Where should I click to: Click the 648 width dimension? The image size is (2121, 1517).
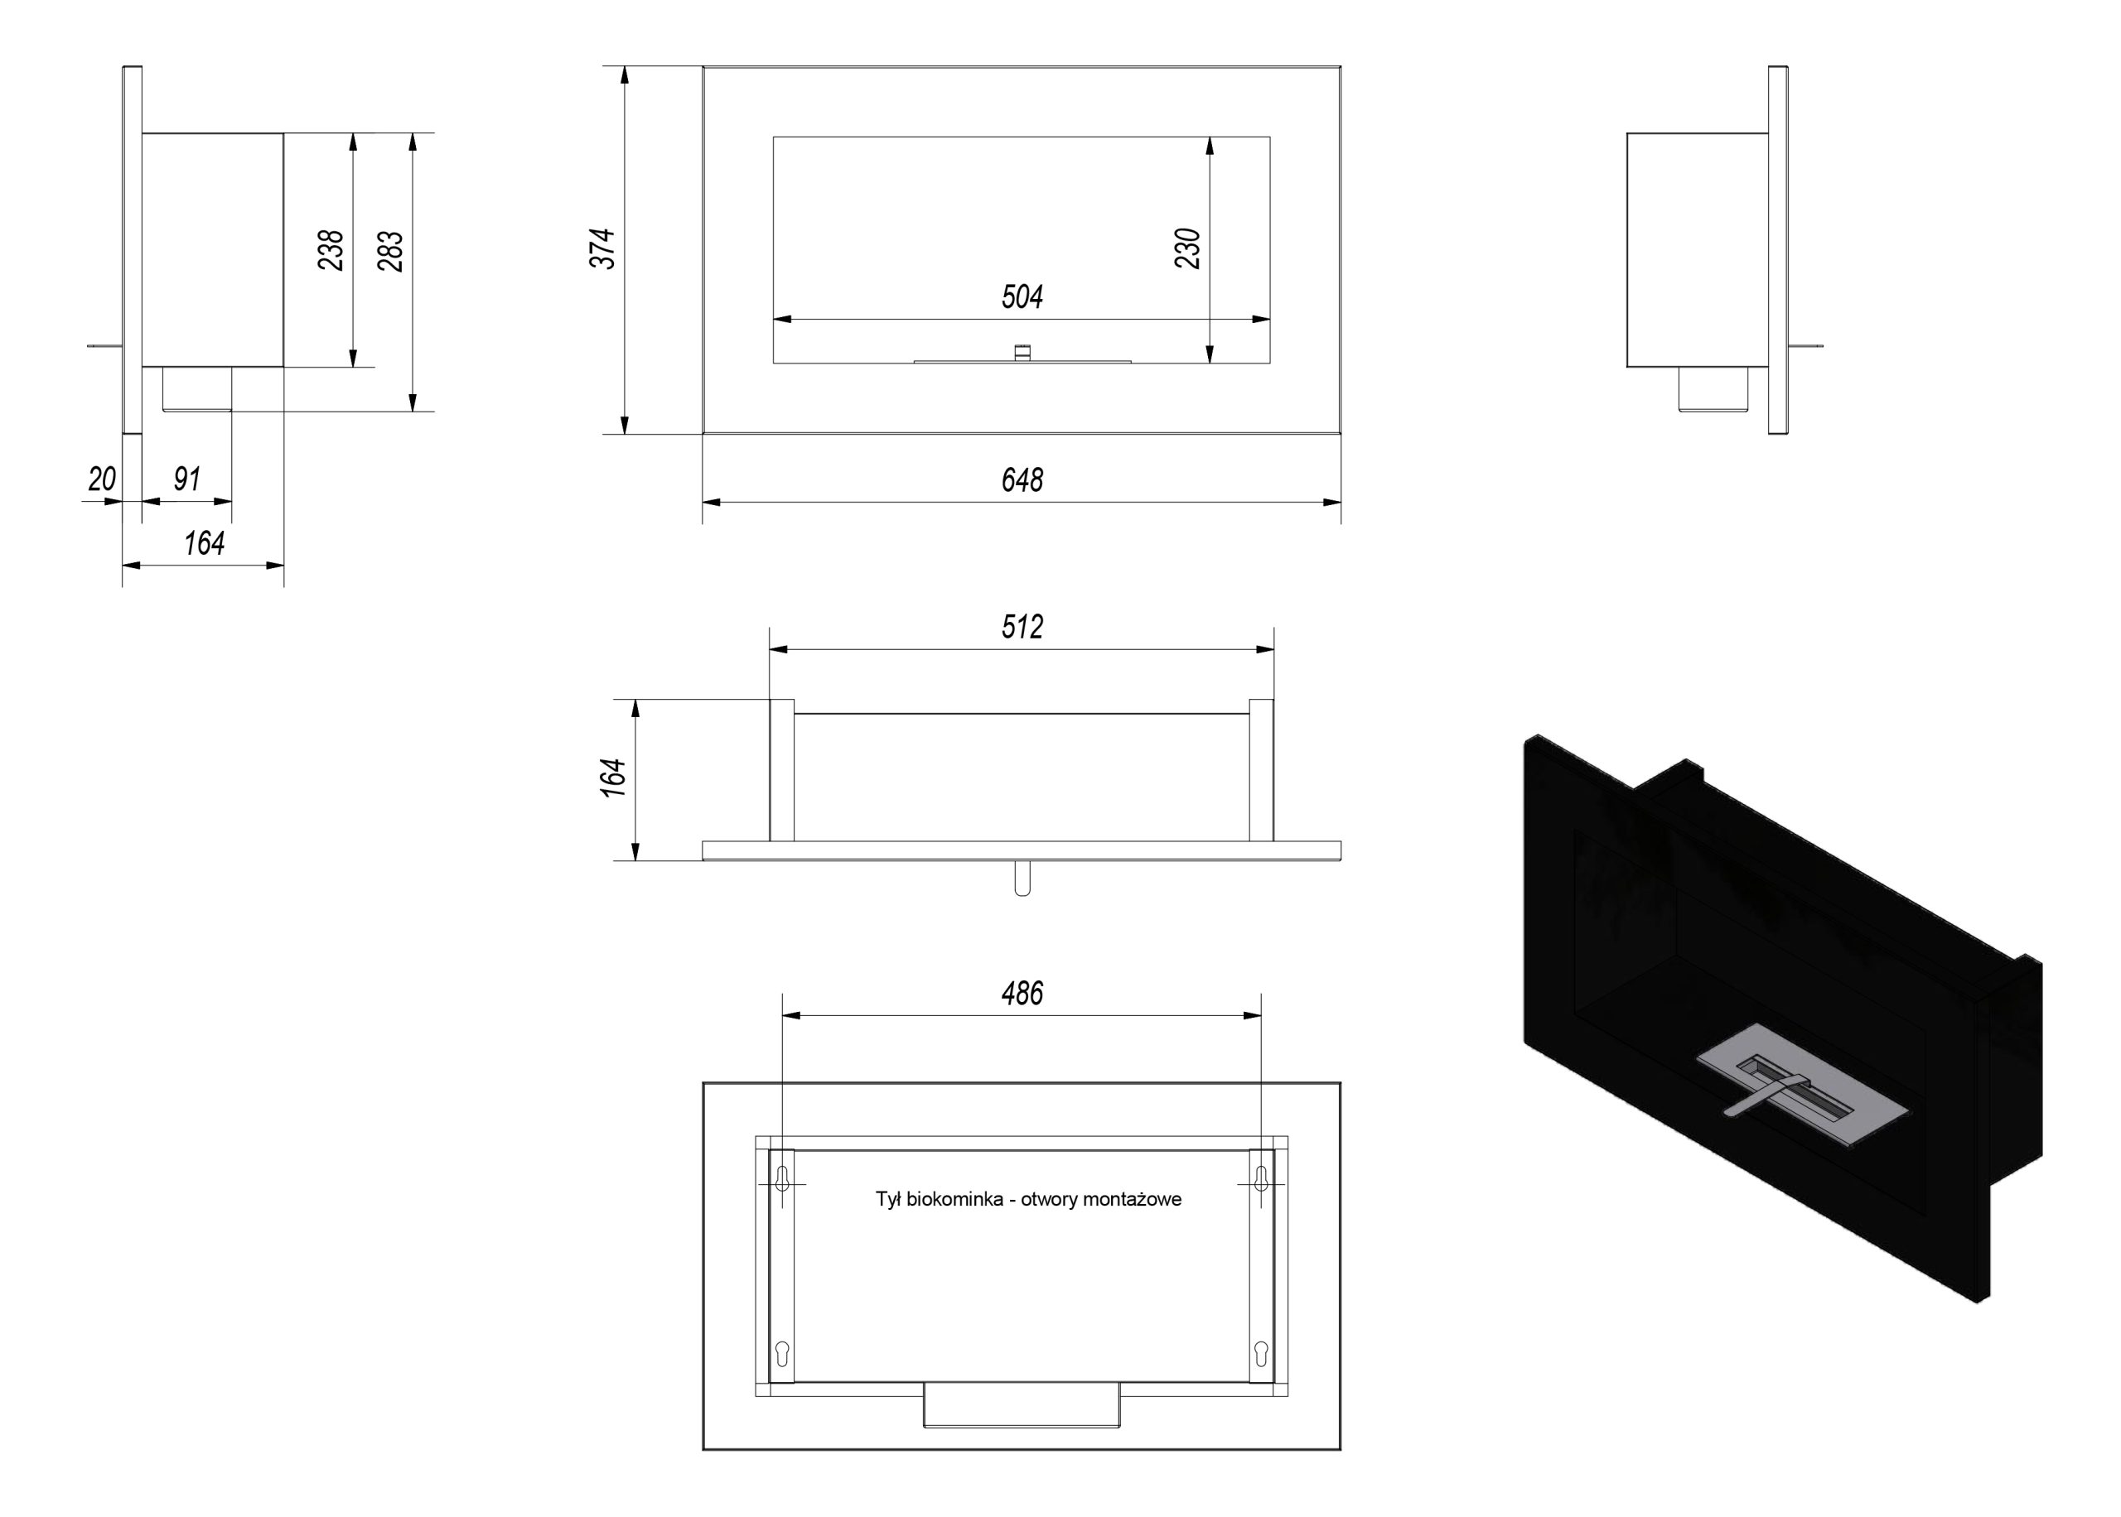click(1022, 480)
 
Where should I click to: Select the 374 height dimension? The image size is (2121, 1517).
click(602, 248)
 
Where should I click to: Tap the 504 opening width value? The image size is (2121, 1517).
click(1022, 297)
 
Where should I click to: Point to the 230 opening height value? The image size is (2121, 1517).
click(1187, 248)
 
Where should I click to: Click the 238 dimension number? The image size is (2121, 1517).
click(331, 250)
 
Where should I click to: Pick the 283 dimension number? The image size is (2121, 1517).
click(390, 250)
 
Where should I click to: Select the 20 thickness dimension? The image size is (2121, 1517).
click(102, 479)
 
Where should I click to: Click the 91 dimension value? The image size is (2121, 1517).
click(187, 479)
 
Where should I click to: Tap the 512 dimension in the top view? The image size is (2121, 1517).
click(1022, 627)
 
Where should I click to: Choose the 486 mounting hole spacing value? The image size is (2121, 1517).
click(1022, 993)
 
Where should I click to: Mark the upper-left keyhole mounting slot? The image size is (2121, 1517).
click(783, 1179)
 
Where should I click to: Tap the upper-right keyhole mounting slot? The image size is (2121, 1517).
click(1261, 1179)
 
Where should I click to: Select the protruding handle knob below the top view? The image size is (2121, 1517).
click(1022, 878)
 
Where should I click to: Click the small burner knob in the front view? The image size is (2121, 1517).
click(1022, 352)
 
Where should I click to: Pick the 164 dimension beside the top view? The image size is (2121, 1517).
click(613, 778)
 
